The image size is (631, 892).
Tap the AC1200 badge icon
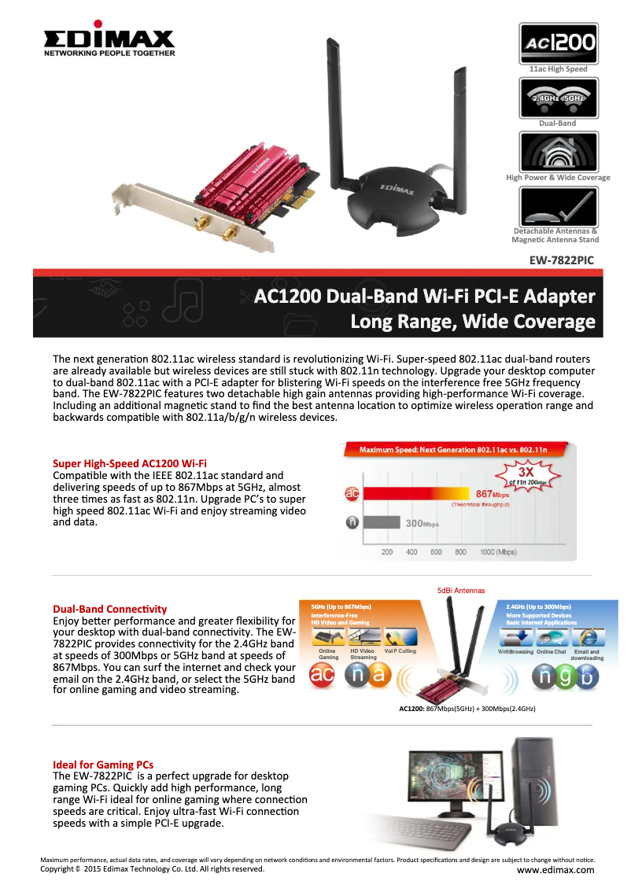point(559,42)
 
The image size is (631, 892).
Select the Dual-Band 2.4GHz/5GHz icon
point(559,98)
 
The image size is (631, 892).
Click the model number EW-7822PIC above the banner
point(561,260)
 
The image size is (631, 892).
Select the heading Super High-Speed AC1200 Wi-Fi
point(130,463)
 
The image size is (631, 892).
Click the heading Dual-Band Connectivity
point(109,609)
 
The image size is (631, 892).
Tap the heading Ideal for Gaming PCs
point(103,765)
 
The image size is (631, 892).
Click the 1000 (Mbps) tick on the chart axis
point(497,552)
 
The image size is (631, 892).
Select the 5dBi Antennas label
point(461,590)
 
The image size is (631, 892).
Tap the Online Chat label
point(551,652)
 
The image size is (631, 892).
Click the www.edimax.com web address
point(555,869)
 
